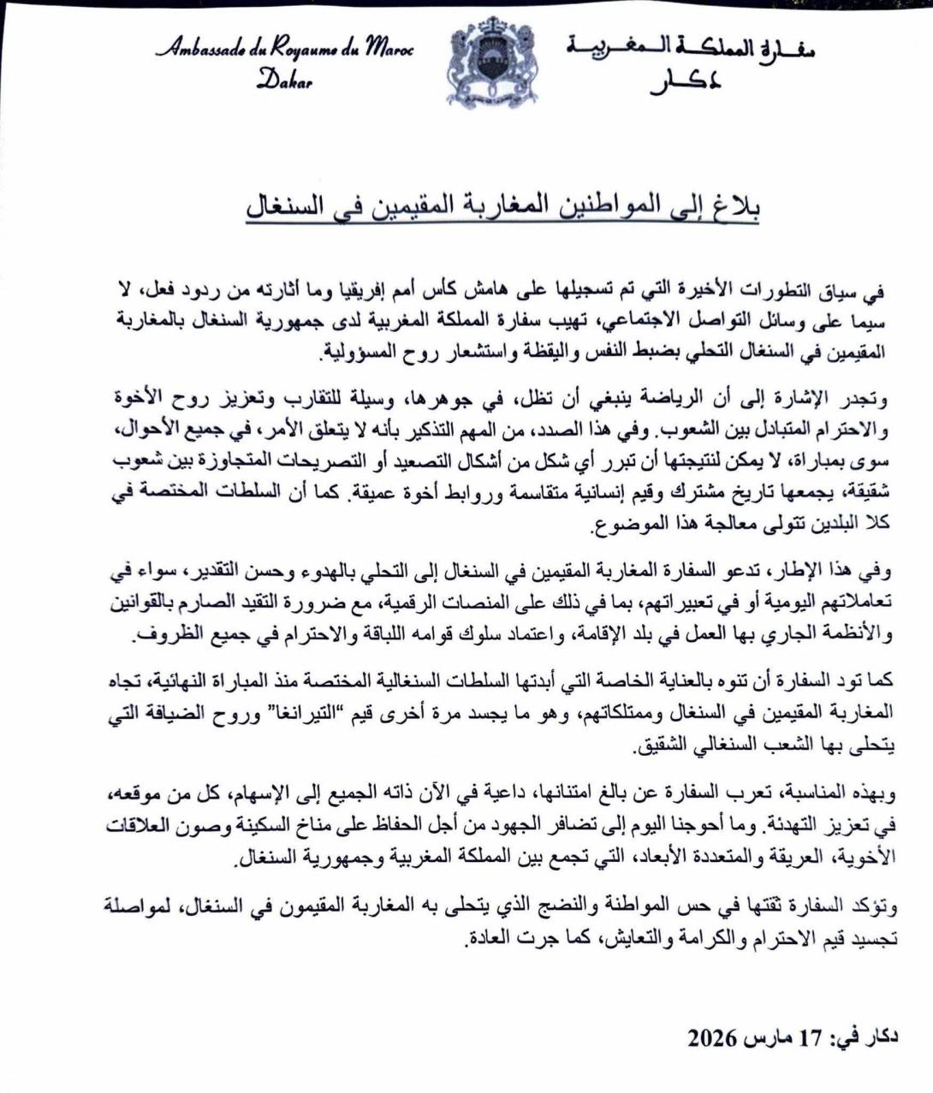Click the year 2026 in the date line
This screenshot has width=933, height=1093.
coord(713,1038)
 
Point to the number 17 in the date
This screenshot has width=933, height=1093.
coord(810,1038)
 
